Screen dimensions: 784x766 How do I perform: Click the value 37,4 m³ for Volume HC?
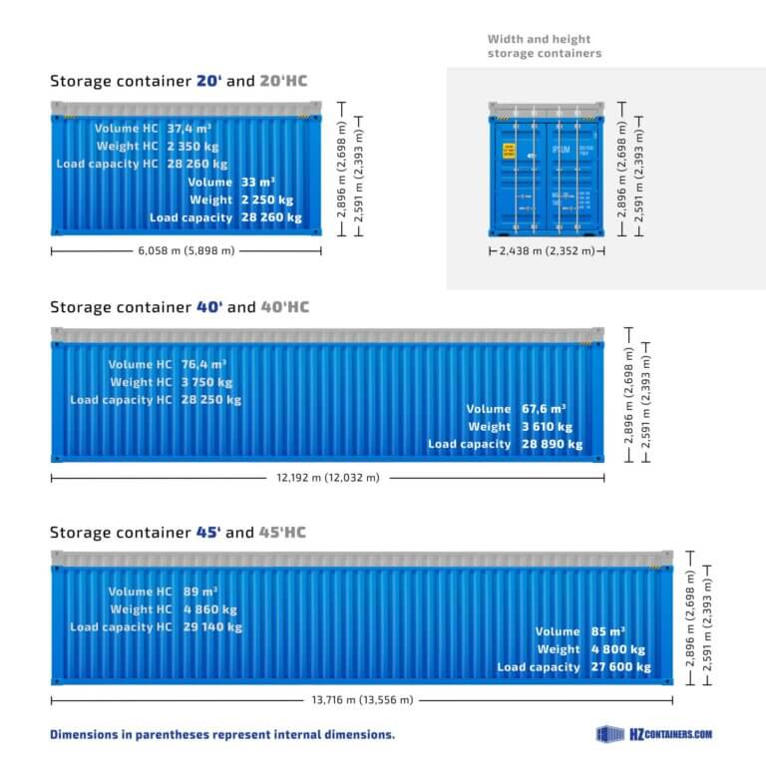(189, 129)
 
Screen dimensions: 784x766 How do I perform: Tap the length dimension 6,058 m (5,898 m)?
(186, 250)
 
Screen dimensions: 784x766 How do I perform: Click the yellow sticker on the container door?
(509, 151)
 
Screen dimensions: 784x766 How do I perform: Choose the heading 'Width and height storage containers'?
(544, 46)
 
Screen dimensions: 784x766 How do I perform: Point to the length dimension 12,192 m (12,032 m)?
(327, 478)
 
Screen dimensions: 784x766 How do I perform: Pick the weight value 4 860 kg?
(209, 609)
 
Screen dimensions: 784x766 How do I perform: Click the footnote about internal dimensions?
(222, 734)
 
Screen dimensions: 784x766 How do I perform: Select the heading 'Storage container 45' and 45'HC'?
(178, 533)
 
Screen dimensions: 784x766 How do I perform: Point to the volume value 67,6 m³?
(544, 408)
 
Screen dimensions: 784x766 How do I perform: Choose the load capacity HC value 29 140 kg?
(212, 627)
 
